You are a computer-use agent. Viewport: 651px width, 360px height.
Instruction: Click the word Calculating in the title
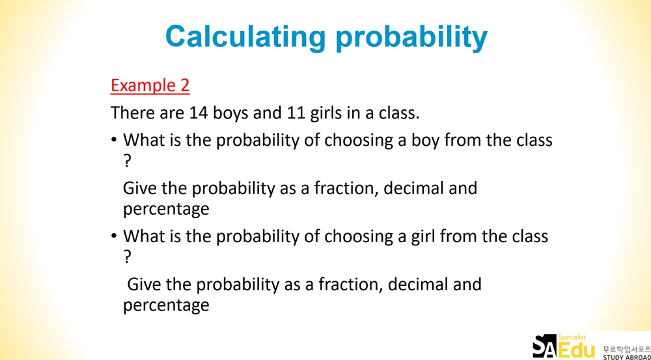245,37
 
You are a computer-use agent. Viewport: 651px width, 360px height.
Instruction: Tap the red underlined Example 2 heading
150,85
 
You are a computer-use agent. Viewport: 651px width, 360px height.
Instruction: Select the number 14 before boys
199,113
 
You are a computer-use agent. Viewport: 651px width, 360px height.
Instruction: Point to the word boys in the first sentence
231,113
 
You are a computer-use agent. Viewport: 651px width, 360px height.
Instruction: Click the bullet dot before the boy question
114,141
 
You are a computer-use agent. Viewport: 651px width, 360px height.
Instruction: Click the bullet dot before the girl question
114,236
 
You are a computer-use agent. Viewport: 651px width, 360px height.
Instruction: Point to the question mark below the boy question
127,161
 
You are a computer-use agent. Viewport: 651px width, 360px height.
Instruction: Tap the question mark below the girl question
127,257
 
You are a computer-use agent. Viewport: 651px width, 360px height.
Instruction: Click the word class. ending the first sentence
399,113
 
